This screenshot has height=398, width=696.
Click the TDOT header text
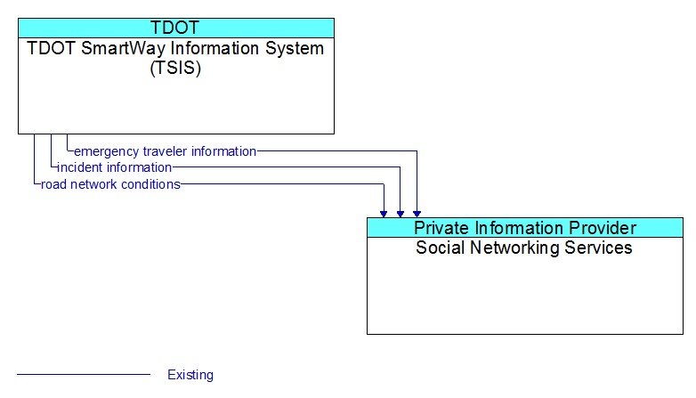click(x=175, y=28)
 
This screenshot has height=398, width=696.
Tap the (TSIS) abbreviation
click(x=175, y=68)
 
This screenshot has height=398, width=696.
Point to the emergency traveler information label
click(x=166, y=151)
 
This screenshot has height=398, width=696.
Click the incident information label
click(x=115, y=167)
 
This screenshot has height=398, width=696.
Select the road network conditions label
click(x=110, y=184)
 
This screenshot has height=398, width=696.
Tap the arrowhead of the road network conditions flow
click(x=384, y=214)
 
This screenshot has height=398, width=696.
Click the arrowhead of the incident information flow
click(x=401, y=214)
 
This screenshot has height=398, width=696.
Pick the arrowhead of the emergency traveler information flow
click(x=417, y=214)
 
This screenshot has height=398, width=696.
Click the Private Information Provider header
click(x=525, y=228)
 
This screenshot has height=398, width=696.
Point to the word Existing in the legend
click(x=190, y=375)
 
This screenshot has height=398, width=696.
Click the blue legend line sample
click(x=84, y=375)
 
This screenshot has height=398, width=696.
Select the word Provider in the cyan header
click(x=603, y=228)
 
